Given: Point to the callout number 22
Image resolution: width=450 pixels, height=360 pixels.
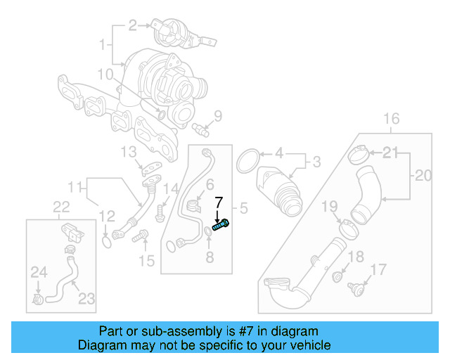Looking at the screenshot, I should tap(62, 206).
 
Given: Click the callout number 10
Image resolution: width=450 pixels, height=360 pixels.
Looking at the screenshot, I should tap(105, 74).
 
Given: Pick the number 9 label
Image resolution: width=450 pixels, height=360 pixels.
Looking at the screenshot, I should tap(217, 116).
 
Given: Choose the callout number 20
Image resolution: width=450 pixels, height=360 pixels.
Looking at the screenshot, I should tap(423, 176).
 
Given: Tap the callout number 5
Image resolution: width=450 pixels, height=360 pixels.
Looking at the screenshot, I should tap(244, 208).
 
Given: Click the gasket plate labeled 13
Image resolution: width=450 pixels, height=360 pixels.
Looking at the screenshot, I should tap(150, 168).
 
